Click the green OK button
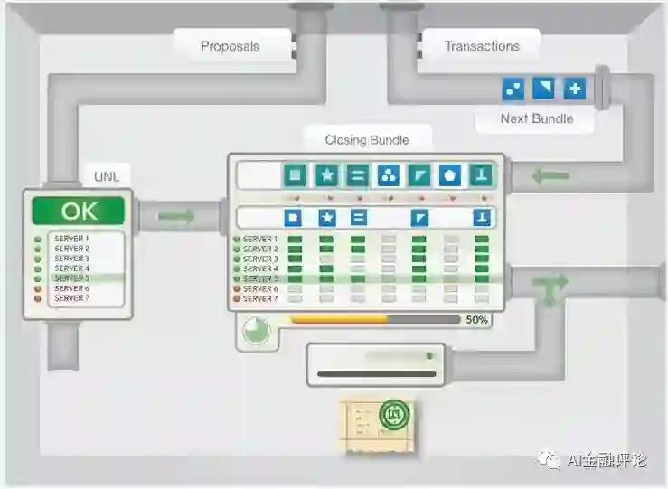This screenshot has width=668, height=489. [x=78, y=212]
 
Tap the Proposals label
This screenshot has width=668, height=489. [x=230, y=46]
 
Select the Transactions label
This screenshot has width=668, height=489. [x=481, y=46]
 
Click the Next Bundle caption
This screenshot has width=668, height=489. [x=536, y=118]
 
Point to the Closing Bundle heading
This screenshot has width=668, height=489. [x=367, y=140]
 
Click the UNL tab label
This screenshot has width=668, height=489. [x=107, y=176]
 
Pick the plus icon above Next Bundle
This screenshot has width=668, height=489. [x=575, y=89]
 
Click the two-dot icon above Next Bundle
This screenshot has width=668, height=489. [x=513, y=89]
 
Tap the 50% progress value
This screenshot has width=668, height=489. [x=476, y=320]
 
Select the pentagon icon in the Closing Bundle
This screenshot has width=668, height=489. [x=450, y=174]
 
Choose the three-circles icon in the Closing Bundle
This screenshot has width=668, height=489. [x=388, y=174]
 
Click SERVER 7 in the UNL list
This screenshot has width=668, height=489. [x=71, y=297]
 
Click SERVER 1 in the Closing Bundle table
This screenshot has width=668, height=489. [x=260, y=240]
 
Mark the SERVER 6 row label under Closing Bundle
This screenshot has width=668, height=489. [x=260, y=289]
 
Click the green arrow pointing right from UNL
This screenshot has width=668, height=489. [x=175, y=217]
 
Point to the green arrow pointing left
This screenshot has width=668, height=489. [x=550, y=175]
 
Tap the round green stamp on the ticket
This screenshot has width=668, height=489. [x=394, y=416]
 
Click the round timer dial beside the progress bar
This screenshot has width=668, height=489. [x=256, y=331]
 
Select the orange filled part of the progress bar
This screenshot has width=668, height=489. [x=339, y=319]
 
